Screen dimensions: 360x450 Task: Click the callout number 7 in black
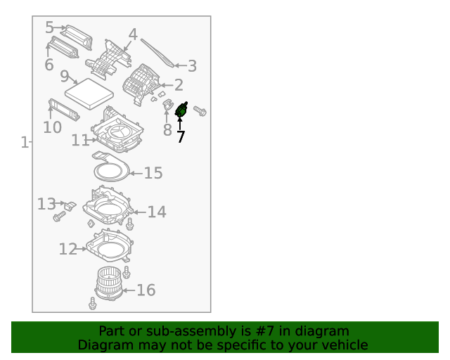coord(181,136)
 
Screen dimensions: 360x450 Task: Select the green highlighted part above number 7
coord(181,110)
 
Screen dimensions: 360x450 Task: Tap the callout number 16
coord(146,290)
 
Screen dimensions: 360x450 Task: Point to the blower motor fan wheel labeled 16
coord(108,281)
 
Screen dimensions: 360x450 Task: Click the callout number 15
coord(153,173)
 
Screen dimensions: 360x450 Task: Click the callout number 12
coord(67,249)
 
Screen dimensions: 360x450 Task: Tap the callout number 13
coord(46,204)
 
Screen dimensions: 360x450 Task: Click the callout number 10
coord(52,127)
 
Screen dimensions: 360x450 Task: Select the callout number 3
coord(191,66)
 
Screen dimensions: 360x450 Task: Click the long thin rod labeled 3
coord(157,52)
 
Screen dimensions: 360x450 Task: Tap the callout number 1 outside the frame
coord(25,143)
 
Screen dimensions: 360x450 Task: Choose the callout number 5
coord(49,27)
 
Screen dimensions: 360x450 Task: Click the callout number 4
coord(133,34)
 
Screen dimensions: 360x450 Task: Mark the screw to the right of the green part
coord(200,110)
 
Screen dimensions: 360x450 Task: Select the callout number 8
coord(167,130)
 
